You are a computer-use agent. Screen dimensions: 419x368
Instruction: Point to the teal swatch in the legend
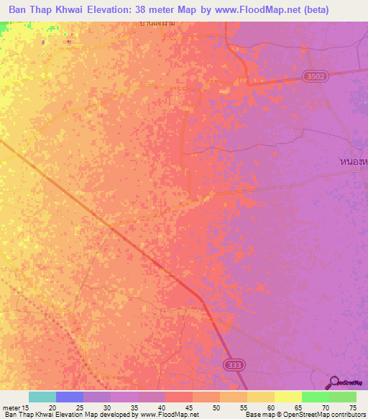(x=42, y=397)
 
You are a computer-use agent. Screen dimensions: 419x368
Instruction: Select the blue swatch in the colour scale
(x=70, y=397)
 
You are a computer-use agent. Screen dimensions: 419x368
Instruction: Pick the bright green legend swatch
(x=316, y=397)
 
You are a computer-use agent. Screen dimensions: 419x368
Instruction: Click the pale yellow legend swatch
(x=287, y=397)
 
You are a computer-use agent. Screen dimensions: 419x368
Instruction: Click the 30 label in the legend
(x=106, y=407)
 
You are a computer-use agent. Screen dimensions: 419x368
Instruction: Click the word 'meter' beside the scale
(x=11, y=407)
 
